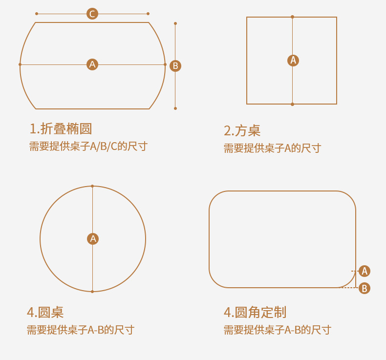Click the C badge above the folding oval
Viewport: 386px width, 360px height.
click(92, 14)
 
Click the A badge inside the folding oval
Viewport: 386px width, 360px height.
click(92, 64)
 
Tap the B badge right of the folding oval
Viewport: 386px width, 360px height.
click(175, 65)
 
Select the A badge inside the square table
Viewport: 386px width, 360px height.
click(293, 60)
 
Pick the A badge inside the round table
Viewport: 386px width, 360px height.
click(93, 238)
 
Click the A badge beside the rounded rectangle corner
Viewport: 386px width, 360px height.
click(364, 271)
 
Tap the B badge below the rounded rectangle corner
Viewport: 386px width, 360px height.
click(364, 288)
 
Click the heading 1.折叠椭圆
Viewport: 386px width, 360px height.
click(61, 129)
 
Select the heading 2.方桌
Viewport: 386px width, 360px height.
click(242, 130)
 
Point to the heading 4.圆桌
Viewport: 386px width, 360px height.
click(45, 312)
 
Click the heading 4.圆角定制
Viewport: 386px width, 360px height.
click(255, 312)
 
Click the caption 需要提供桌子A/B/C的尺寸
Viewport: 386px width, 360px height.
click(88, 146)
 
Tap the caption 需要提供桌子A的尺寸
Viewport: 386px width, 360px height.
click(272, 148)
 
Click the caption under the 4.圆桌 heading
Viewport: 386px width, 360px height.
click(80, 330)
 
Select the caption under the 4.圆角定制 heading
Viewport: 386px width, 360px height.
click(277, 330)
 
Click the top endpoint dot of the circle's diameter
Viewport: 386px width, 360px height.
click(92, 186)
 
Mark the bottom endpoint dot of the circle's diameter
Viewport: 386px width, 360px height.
click(92, 292)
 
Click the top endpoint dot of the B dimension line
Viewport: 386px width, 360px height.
click(175, 23)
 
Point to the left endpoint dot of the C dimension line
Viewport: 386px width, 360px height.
click(37, 14)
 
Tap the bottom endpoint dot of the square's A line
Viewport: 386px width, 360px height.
click(292, 104)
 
